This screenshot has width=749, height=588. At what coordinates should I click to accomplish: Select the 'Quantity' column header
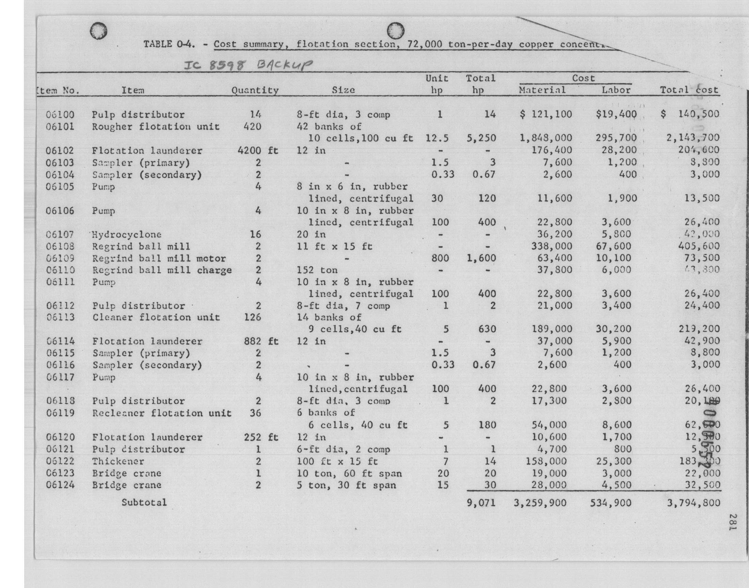[x=255, y=91]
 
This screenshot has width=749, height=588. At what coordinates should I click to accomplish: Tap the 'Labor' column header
[x=616, y=90]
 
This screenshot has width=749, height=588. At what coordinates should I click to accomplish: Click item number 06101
[x=60, y=127]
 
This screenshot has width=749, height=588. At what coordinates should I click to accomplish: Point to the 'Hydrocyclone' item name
[x=127, y=235]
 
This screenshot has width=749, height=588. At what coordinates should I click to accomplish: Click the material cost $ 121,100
[x=546, y=114]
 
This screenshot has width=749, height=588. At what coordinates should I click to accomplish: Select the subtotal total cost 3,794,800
[x=693, y=503]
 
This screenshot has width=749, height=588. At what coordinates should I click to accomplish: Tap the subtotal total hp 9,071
[x=481, y=503]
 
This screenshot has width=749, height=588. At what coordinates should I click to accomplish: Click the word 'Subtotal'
[x=144, y=502]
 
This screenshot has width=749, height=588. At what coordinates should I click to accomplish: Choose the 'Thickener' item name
[x=118, y=461]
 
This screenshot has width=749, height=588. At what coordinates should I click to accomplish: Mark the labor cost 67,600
[x=613, y=246]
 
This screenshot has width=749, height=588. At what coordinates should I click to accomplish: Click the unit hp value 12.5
[x=437, y=138]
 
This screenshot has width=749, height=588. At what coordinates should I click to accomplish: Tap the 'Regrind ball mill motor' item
[x=159, y=259]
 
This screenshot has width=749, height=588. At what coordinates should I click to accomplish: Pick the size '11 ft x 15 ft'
[x=334, y=246]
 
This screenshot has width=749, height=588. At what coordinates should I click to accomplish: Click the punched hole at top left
[x=98, y=31]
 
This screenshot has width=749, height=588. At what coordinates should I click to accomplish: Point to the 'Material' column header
[x=542, y=90]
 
